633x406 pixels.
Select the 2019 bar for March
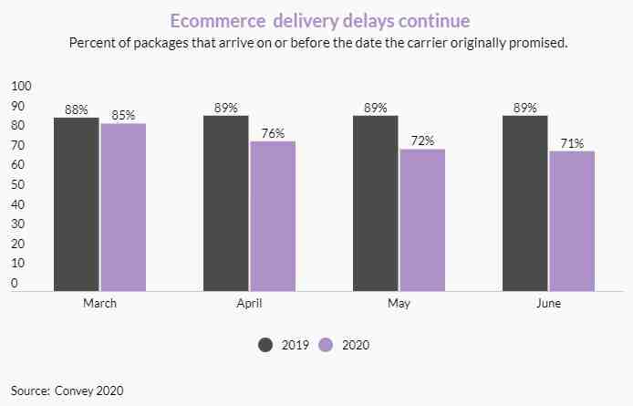[x=76, y=203]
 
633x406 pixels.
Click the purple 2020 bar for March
[x=123, y=206]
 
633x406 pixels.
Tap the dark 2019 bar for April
[x=225, y=203]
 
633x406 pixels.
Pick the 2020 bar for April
[x=273, y=215]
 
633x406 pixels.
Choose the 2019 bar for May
[x=375, y=203]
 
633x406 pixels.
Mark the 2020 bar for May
[x=422, y=220]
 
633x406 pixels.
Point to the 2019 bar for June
[x=524, y=203]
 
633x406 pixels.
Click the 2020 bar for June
[x=572, y=221]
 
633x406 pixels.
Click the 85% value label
[x=124, y=115]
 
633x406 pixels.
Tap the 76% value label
[x=274, y=133]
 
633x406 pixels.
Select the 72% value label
[x=423, y=141]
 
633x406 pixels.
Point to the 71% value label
[x=573, y=143]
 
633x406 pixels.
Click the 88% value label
[x=77, y=109]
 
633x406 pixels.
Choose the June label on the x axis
[x=549, y=304]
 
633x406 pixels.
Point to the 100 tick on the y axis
[x=21, y=87]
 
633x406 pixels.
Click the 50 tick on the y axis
[x=18, y=185]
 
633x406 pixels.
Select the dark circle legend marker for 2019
[x=266, y=345]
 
